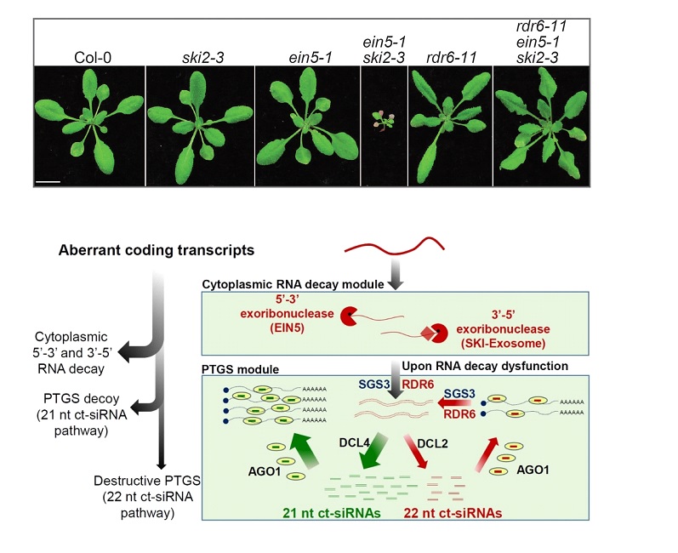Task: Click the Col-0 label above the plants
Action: [x=89, y=57]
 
